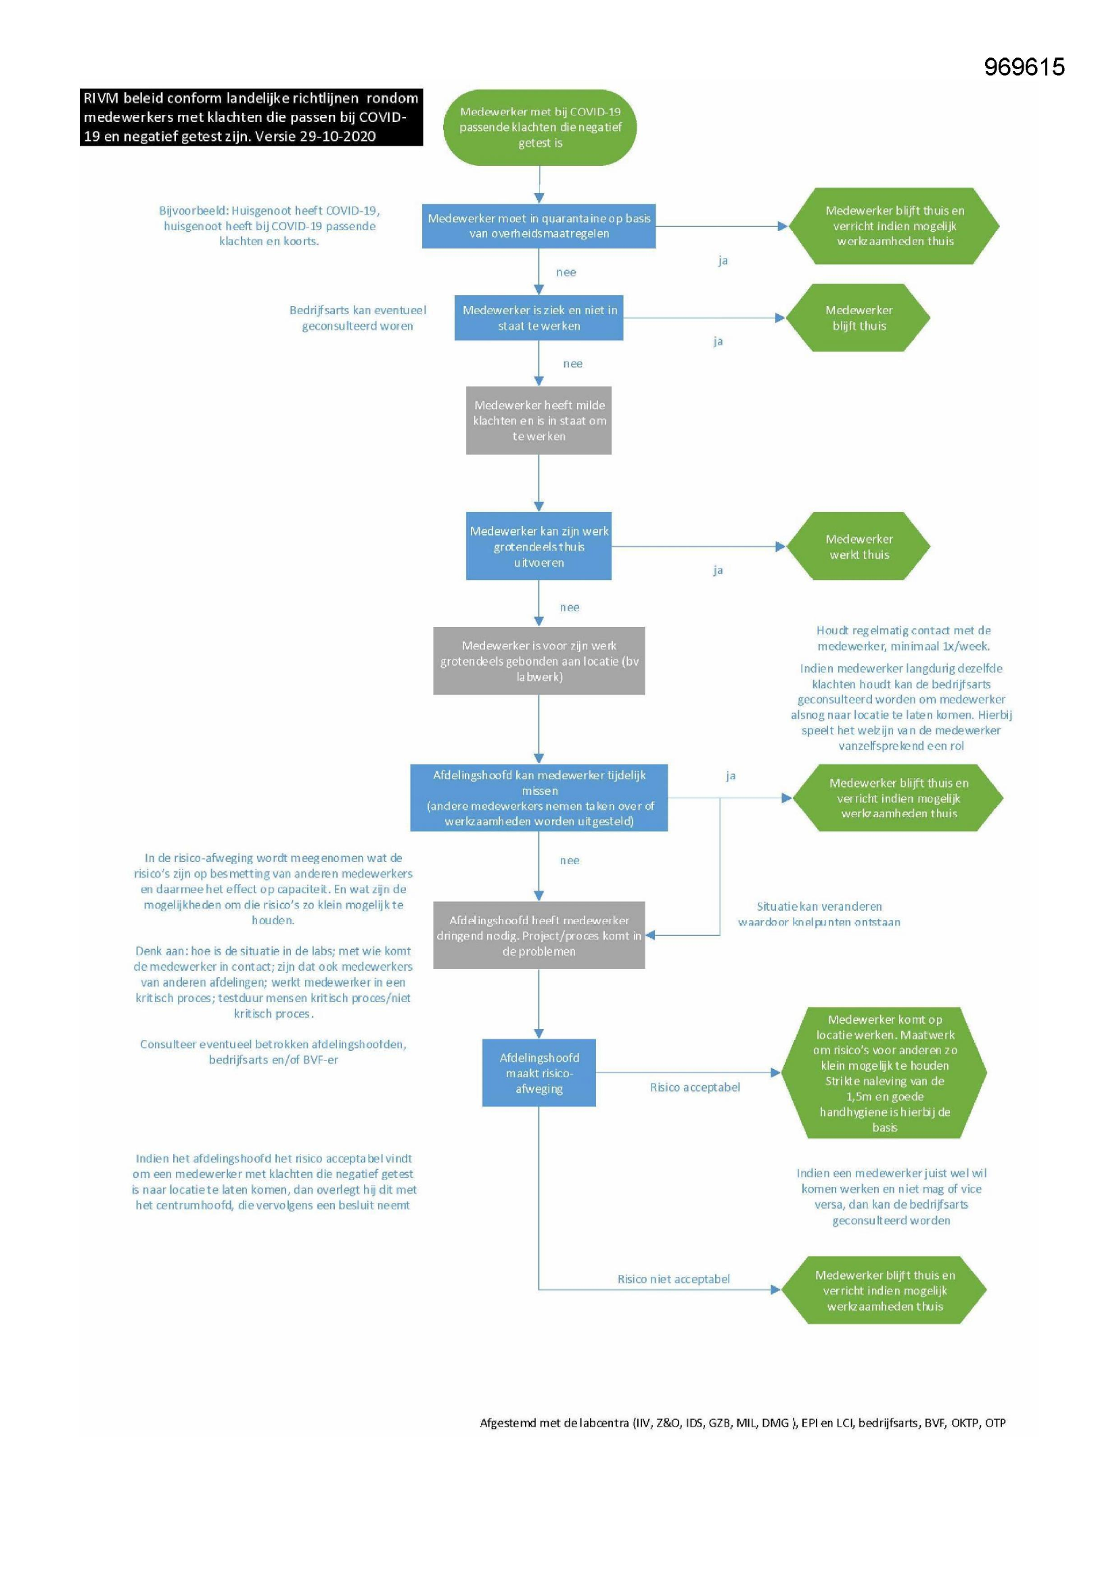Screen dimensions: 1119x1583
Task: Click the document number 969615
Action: click(x=1024, y=67)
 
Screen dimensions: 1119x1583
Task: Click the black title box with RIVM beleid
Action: click(x=251, y=116)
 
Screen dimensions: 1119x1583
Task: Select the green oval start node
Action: click(x=539, y=127)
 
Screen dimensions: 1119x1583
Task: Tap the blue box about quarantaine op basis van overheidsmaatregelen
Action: click(x=539, y=226)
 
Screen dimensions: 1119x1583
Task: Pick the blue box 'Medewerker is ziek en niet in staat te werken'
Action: click(x=539, y=318)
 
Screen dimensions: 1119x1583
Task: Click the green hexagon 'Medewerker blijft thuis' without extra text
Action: click(x=859, y=318)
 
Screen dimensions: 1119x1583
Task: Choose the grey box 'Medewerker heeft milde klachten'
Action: click(x=539, y=420)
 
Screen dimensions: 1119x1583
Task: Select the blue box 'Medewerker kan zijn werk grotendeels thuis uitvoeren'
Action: click(x=539, y=546)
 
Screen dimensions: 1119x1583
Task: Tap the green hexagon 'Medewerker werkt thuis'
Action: click(x=859, y=546)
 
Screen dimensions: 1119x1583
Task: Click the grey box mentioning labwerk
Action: click(x=539, y=661)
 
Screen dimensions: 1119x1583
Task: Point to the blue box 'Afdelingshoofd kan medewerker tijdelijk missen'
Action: click(x=539, y=798)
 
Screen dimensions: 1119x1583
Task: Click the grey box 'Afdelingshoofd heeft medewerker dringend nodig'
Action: click(x=539, y=935)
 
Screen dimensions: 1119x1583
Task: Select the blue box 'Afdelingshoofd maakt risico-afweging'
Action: click(x=539, y=1072)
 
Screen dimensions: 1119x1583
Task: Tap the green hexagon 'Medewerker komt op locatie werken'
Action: click(x=884, y=1072)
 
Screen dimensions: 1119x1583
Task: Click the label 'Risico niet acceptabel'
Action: click(x=673, y=1279)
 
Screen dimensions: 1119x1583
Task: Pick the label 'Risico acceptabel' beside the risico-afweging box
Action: click(x=695, y=1087)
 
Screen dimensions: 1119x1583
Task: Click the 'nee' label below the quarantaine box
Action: click(x=566, y=272)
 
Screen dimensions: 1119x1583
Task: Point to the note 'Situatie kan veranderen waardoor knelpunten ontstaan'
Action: click(x=819, y=914)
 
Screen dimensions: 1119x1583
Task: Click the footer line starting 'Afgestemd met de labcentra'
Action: click(x=743, y=1423)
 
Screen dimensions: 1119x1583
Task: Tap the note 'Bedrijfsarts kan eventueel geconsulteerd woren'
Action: click(x=358, y=318)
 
